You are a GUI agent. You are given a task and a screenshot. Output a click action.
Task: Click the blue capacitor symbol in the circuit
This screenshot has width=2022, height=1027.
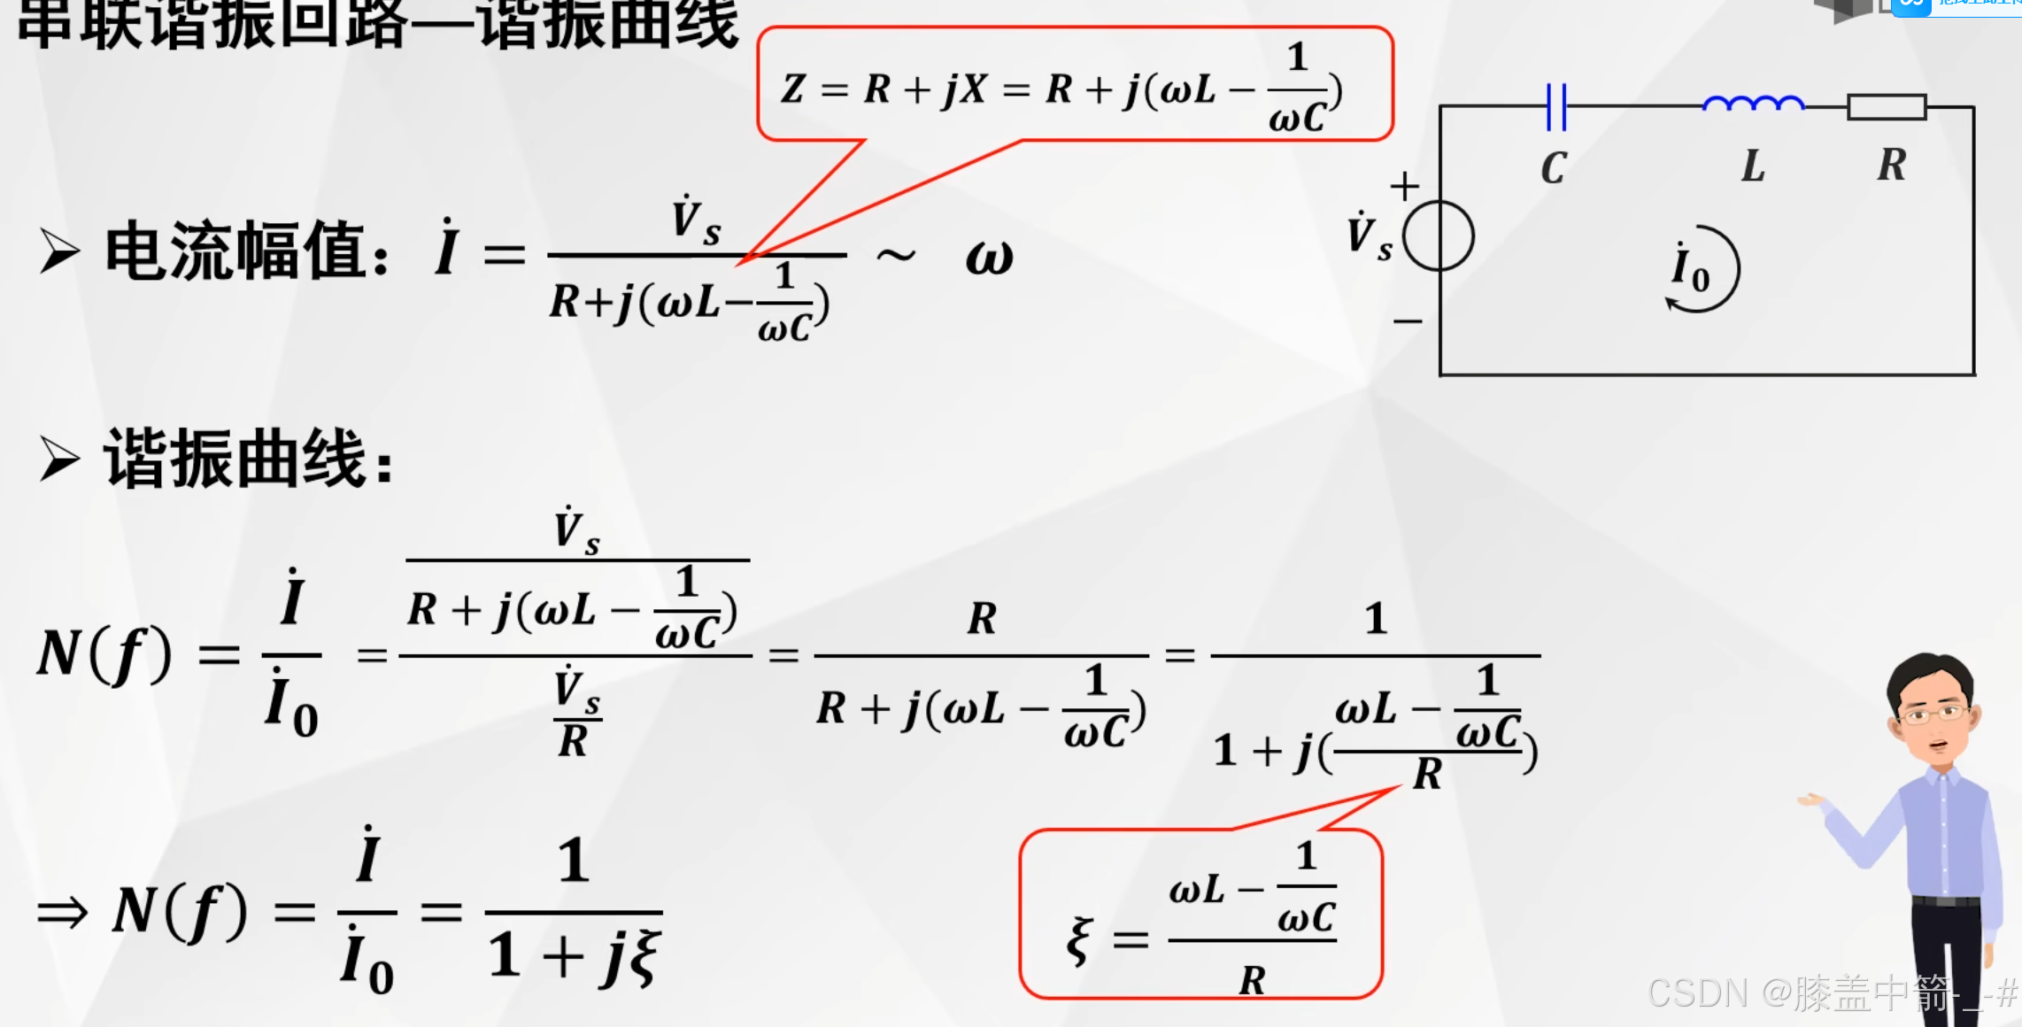point(1555,107)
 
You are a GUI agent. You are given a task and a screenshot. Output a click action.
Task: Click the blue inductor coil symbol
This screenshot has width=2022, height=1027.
point(1753,104)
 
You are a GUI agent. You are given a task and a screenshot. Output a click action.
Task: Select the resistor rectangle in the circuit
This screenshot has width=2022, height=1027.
point(1887,107)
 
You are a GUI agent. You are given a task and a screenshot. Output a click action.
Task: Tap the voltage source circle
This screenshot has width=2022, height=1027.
point(1439,236)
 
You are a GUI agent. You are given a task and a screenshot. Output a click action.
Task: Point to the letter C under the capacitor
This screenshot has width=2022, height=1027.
point(1554,167)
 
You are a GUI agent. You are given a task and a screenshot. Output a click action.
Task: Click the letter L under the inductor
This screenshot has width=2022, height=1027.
point(1753,166)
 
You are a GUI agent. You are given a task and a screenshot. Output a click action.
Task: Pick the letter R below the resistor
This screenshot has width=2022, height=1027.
point(1892,165)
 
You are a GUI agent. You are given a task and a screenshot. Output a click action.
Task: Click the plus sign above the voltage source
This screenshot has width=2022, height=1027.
point(1404,186)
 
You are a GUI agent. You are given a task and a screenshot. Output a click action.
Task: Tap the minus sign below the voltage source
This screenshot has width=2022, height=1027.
point(1408,320)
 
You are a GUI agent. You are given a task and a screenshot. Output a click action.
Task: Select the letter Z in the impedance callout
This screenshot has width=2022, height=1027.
point(793,89)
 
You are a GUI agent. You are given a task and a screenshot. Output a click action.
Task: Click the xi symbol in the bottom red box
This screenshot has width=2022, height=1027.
point(1079,939)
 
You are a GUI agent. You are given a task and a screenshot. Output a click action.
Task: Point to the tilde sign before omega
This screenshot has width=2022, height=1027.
point(895,256)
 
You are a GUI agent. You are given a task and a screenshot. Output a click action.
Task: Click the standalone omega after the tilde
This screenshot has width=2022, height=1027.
point(989,257)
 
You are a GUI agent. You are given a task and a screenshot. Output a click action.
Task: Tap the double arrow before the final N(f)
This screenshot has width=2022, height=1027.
point(63,912)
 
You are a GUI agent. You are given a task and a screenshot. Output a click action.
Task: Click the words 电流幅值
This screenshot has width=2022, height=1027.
point(235,251)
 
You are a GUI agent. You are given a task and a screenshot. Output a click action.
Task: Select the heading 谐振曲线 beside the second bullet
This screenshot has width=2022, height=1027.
point(235,459)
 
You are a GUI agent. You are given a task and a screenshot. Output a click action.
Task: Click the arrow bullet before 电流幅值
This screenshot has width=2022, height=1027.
point(59,251)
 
